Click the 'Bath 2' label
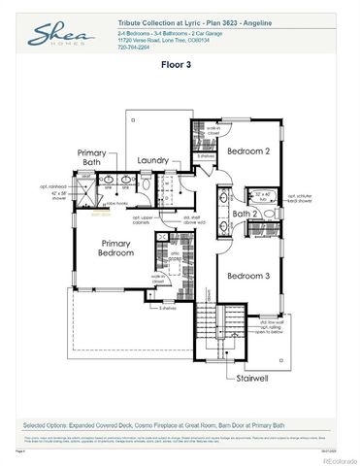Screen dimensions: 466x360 click(245, 213)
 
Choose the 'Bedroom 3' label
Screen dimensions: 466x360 click(246, 276)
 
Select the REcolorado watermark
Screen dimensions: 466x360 click(334, 457)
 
